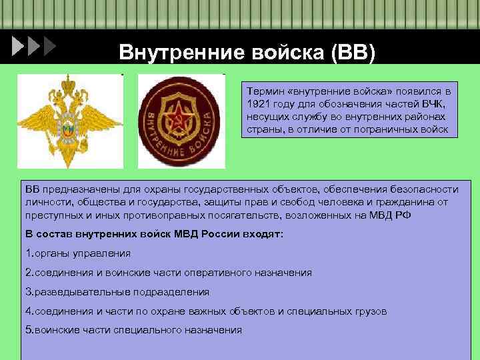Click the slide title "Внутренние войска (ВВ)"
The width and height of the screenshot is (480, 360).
point(247,51)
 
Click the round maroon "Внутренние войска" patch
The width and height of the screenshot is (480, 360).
point(181,121)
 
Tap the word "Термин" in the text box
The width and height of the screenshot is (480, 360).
point(263,89)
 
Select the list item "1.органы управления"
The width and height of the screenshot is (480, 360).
point(77,254)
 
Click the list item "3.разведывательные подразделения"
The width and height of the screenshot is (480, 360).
point(117,292)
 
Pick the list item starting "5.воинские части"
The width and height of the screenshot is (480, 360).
point(133,330)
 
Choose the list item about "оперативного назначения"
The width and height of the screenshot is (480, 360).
point(168,273)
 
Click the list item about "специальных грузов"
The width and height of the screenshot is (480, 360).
point(206,311)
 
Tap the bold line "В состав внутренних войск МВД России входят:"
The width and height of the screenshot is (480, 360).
point(154,235)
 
